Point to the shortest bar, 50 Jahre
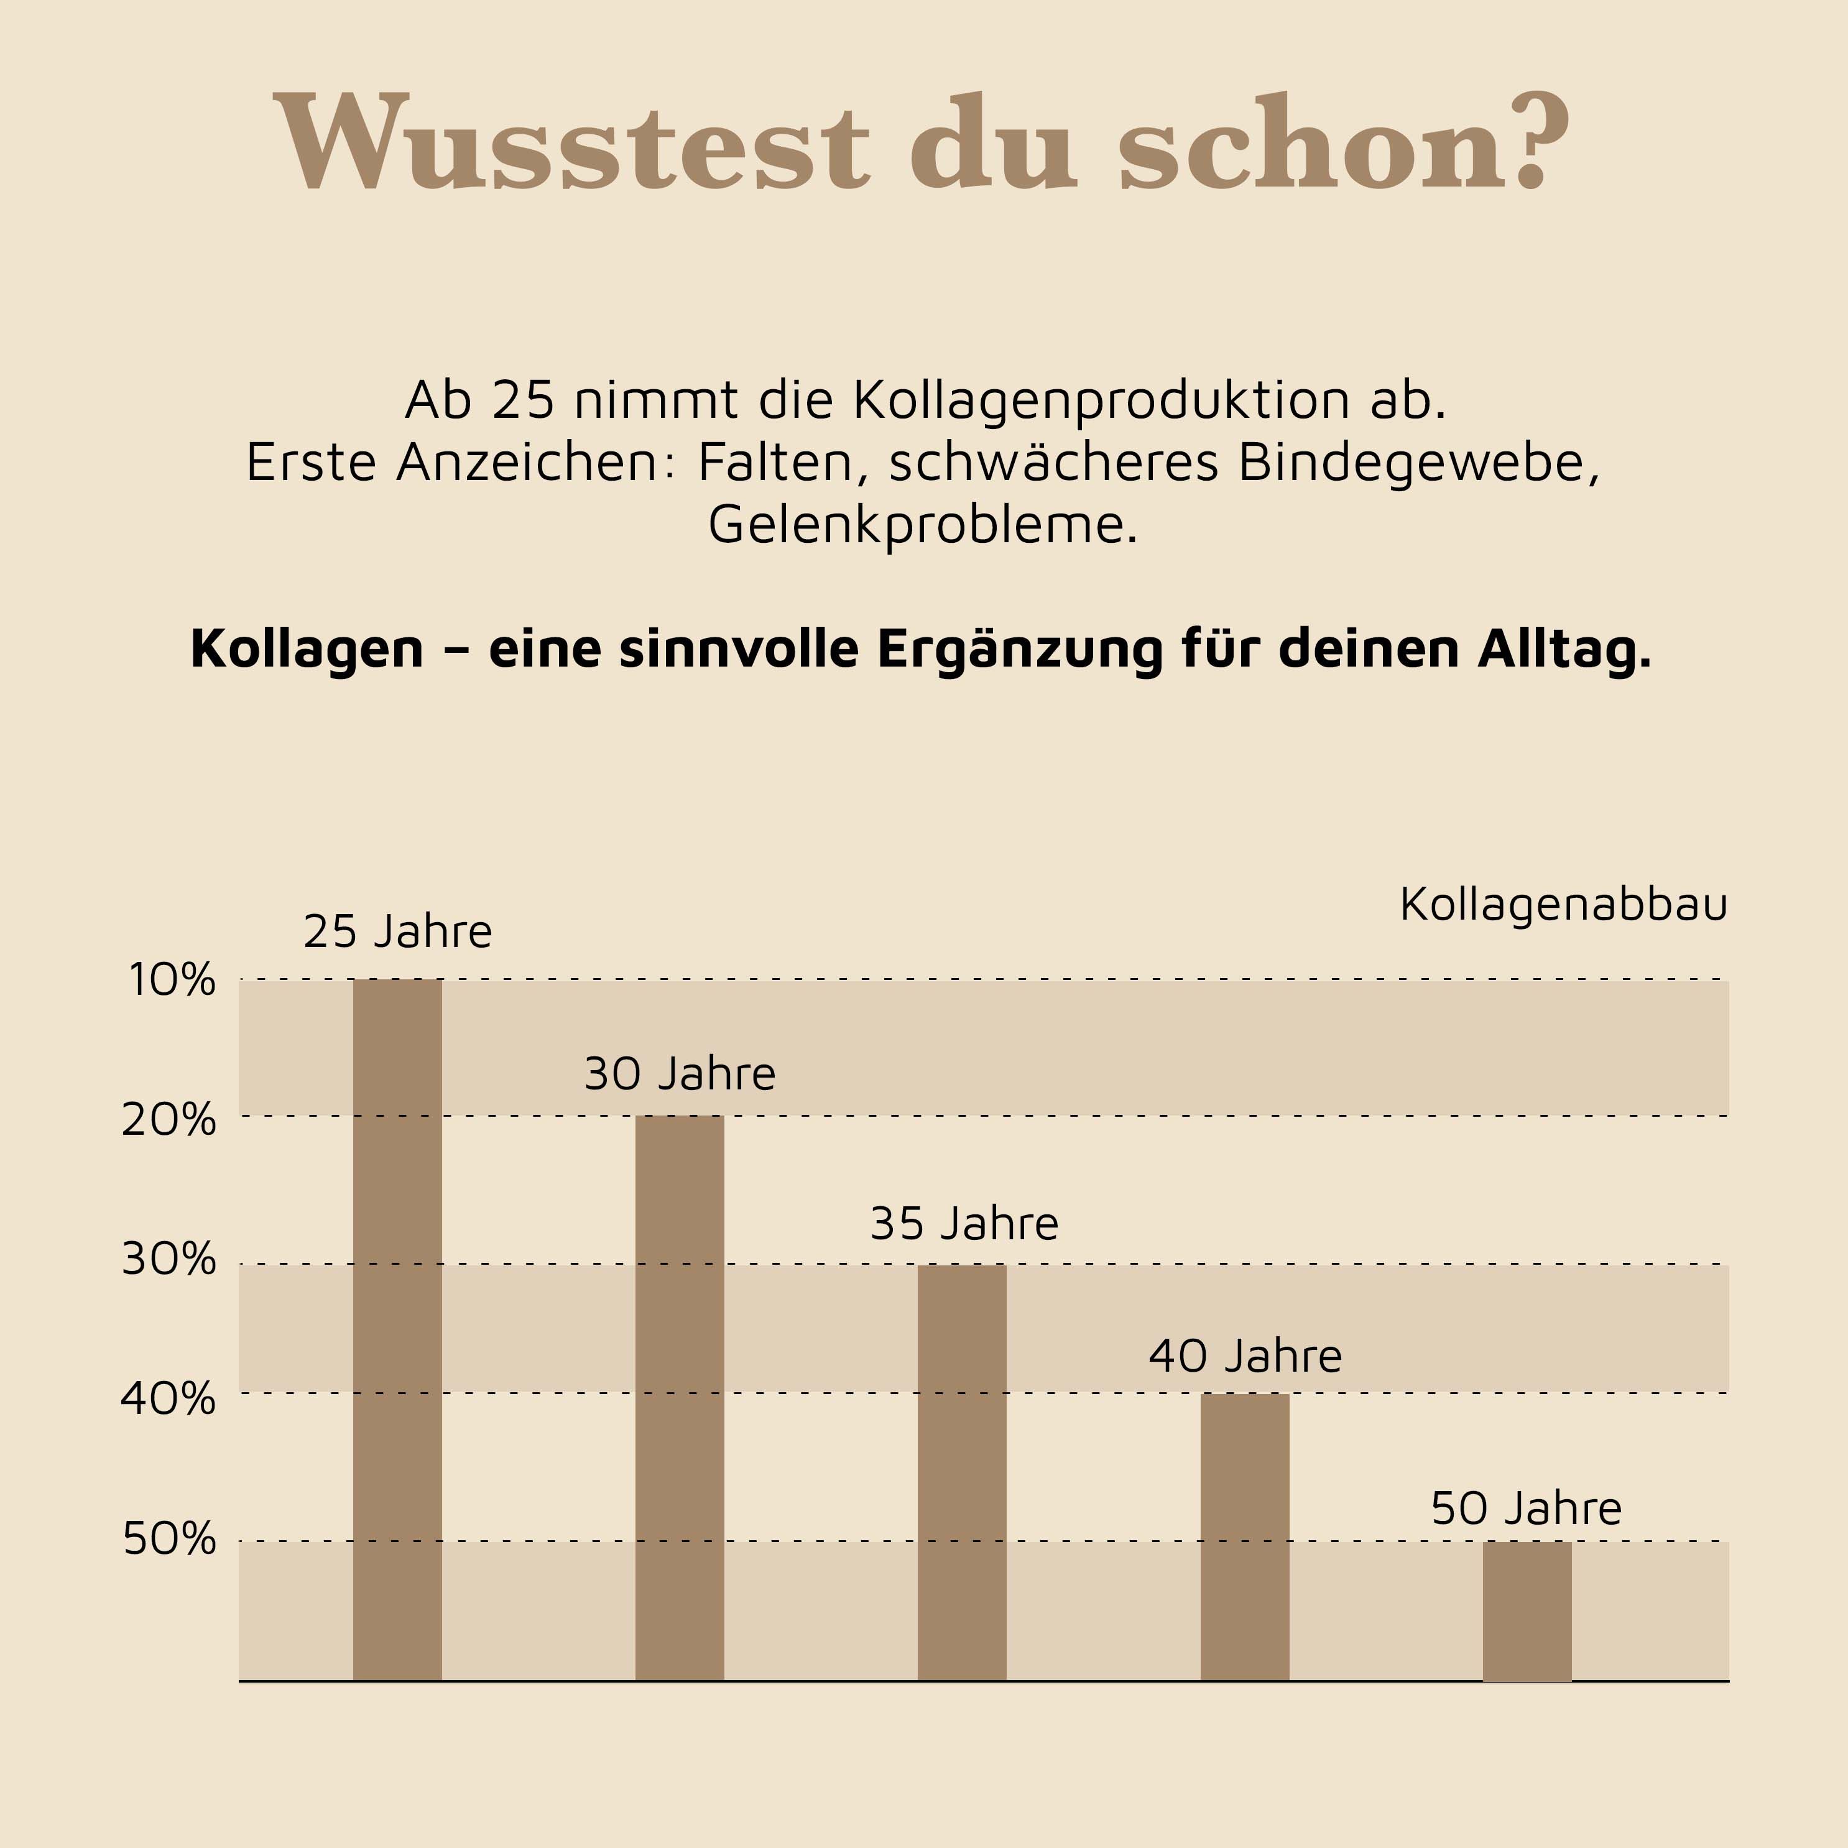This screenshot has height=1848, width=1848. coord(1527,1611)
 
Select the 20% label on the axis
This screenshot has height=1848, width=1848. coord(169,1119)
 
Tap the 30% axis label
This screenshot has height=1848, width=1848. coord(169,1260)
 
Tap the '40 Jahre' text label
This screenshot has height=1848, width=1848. coord(1244,1356)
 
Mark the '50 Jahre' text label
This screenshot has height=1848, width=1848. coord(1526,1508)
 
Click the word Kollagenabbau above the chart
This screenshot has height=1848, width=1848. coord(1563,905)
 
